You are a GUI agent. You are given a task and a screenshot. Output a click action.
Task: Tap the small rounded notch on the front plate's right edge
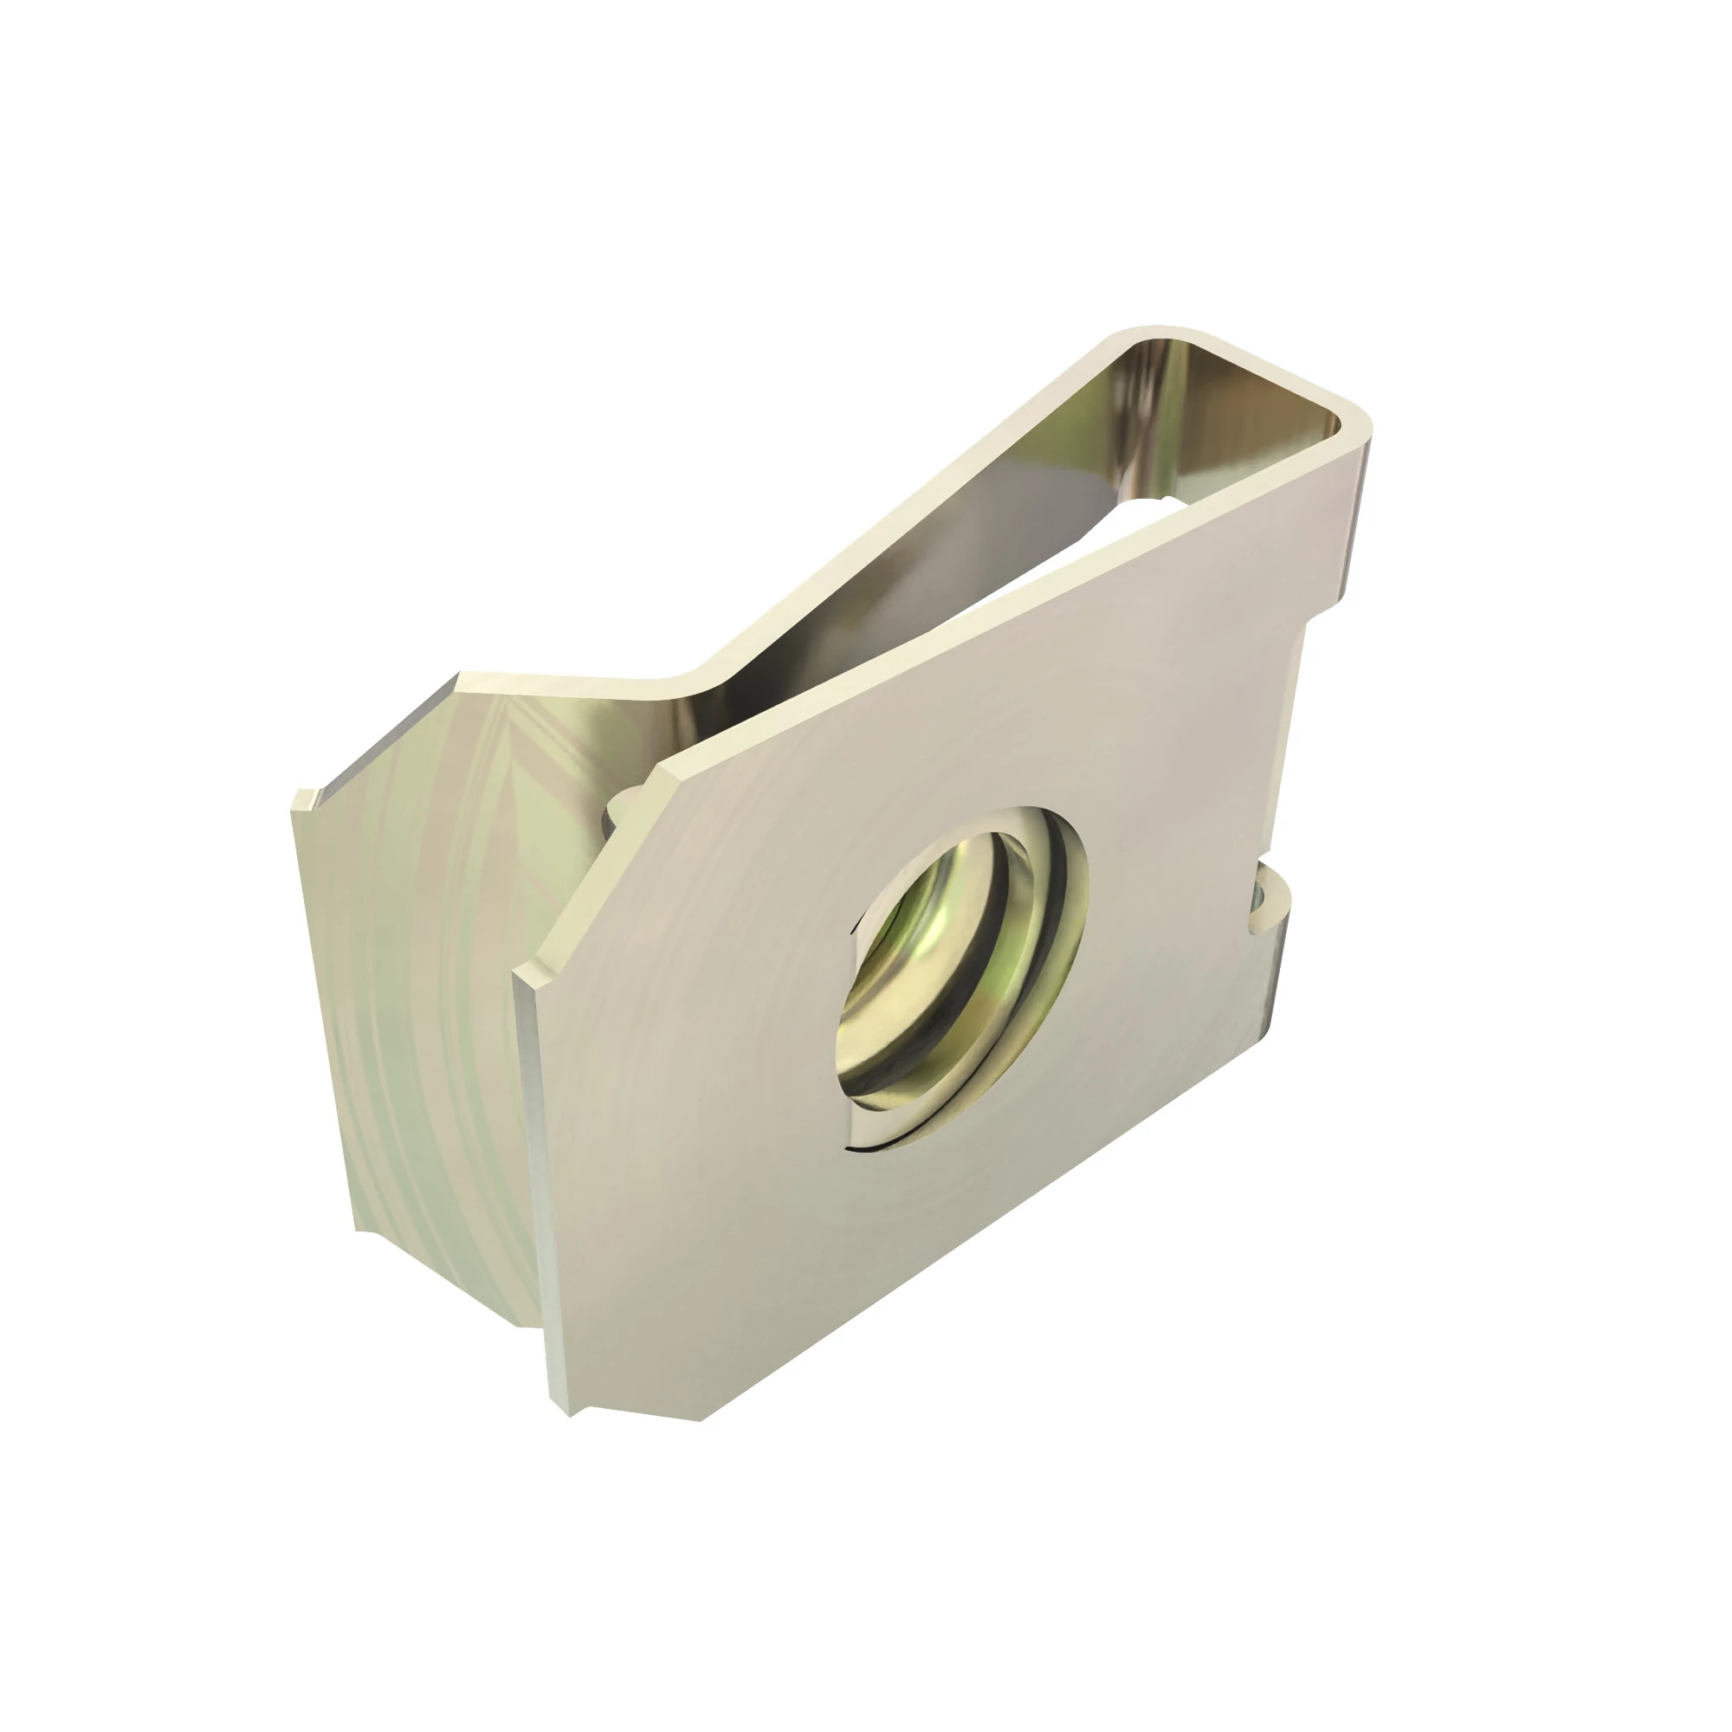coord(1269,907)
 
